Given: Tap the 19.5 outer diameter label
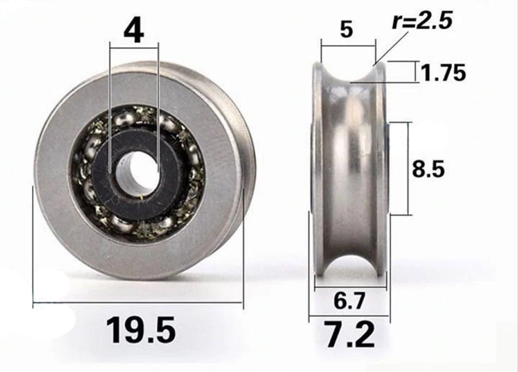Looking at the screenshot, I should click(x=140, y=330).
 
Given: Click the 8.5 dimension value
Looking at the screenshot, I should click(x=428, y=169).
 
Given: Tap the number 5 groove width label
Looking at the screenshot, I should click(x=346, y=30).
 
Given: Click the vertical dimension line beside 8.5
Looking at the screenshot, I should click(x=406, y=169).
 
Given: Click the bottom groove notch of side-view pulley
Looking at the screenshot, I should click(x=348, y=273).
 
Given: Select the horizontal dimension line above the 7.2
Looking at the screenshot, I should click(x=349, y=316).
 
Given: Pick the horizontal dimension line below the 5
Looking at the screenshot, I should click(x=348, y=46).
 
